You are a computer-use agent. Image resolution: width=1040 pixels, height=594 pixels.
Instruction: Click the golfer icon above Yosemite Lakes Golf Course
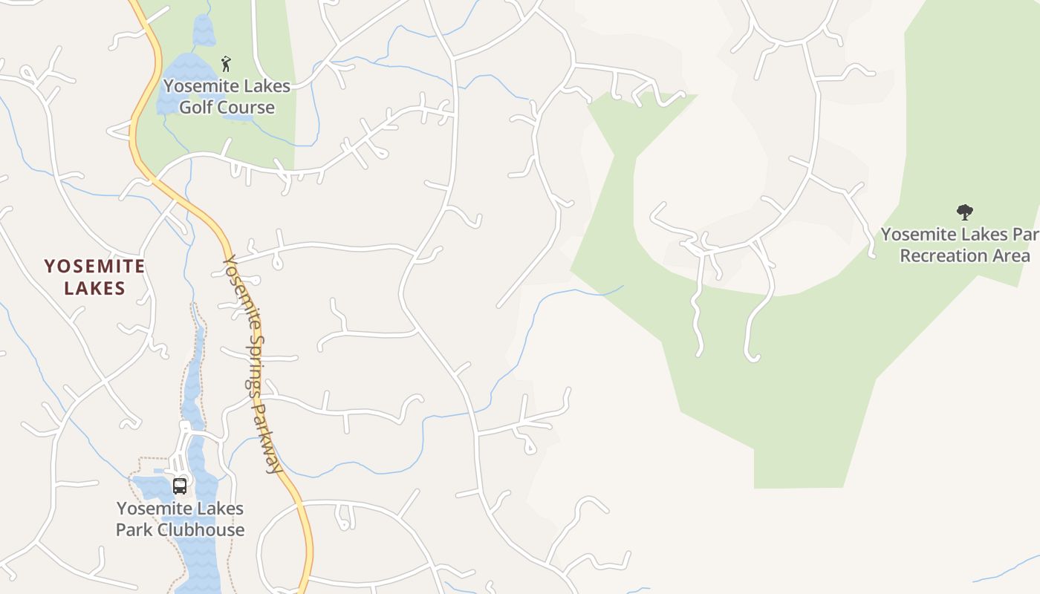pos(226,64)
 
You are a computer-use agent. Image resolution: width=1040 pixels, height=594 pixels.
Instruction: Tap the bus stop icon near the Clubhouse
pos(180,486)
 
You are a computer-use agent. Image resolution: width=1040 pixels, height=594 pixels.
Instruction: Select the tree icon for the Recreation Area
pos(964,213)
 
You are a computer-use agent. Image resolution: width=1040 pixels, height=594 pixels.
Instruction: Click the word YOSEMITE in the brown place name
pos(94,266)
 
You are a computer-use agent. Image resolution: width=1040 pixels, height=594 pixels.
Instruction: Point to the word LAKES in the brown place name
pos(94,288)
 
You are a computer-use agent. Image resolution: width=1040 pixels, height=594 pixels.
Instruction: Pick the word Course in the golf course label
pos(247,108)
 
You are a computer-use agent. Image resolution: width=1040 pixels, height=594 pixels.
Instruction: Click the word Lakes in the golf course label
pos(265,86)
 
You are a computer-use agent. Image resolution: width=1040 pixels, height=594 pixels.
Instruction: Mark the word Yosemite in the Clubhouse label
pos(152,509)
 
